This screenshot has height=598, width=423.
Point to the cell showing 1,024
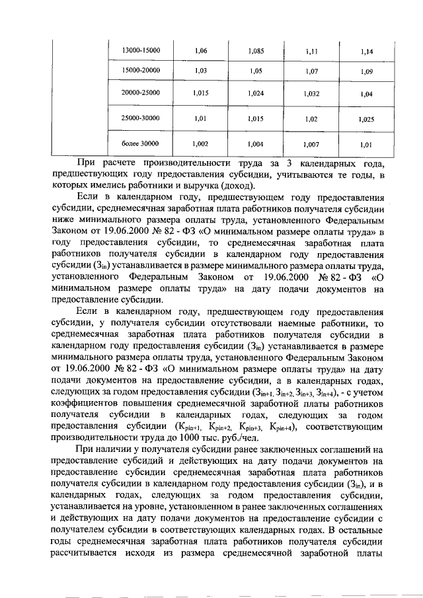[256, 94]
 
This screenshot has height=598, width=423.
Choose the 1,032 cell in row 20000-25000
[311, 94]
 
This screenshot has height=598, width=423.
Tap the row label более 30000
[140, 143]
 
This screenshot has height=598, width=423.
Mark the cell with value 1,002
[200, 143]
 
